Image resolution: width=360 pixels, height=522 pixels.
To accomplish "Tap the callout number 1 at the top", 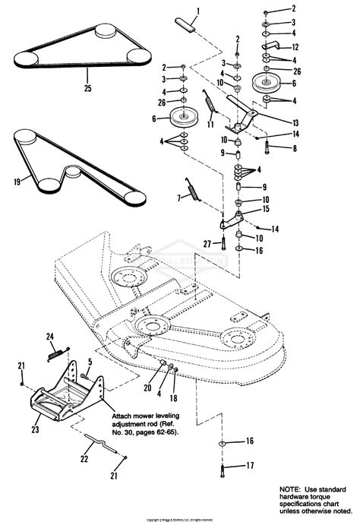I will (x=197, y=11).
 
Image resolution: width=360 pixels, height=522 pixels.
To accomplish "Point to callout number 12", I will (x=295, y=47).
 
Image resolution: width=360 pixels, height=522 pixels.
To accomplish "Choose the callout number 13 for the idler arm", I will (x=294, y=122).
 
